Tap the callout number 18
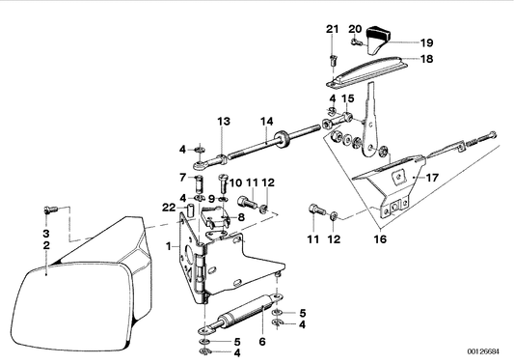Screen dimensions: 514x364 coord(426,59)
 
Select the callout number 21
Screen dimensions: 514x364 coord(332,29)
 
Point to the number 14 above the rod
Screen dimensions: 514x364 coord(267,122)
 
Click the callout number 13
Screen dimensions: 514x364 coord(224,122)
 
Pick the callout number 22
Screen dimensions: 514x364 coord(169,208)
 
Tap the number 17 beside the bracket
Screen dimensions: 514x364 coord(432,178)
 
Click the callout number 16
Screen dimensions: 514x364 coord(380,238)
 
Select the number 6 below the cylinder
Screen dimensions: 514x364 coord(262,342)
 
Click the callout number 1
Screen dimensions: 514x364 coord(169,246)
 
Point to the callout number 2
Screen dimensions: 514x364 coord(46,245)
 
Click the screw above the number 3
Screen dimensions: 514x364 coord(50,210)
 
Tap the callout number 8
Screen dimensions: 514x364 coord(241,217)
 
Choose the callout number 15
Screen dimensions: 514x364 coord(348,98)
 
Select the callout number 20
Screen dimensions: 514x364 coord(355,29)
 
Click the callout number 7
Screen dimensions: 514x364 coord(182,178)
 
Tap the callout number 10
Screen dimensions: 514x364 coord(235,182)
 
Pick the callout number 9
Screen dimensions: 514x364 coord(211,199)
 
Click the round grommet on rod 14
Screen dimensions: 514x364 coord(282,138)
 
